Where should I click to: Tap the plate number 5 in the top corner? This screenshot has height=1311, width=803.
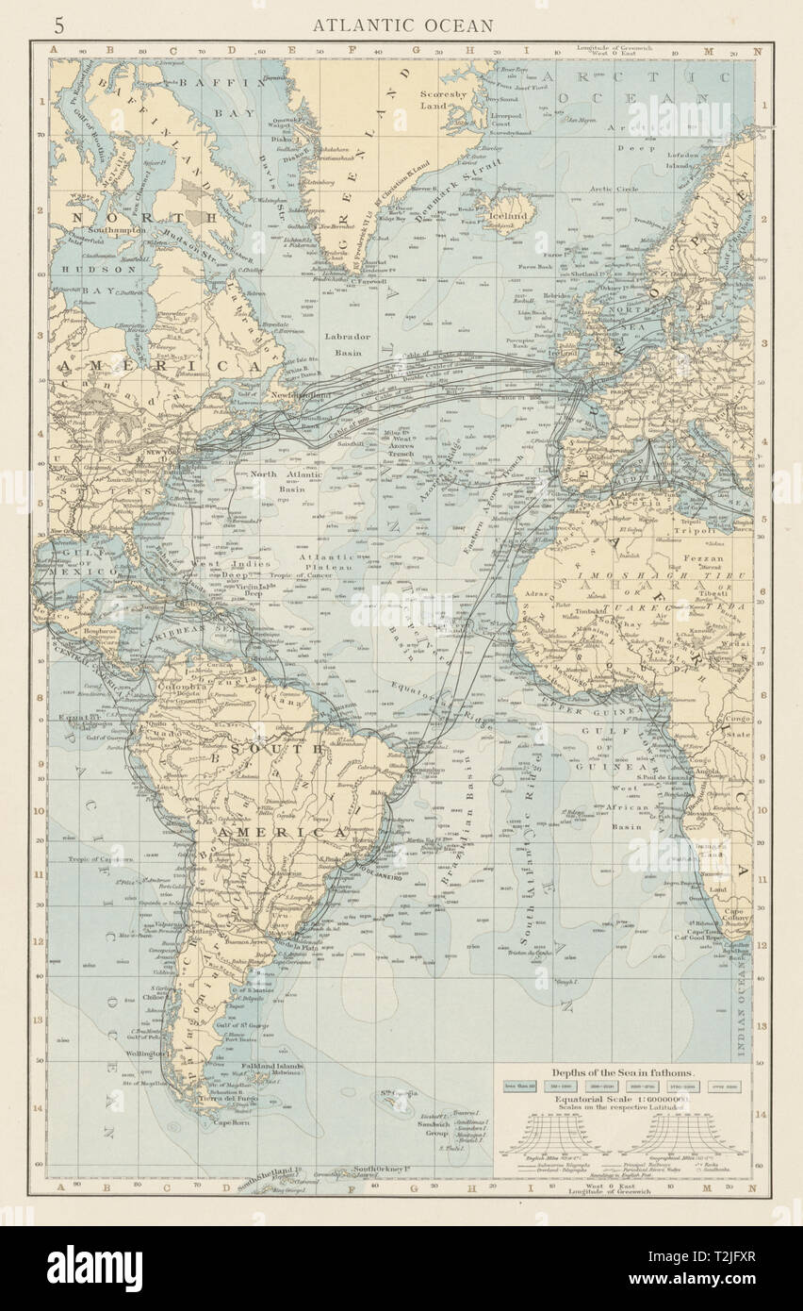point(59,25)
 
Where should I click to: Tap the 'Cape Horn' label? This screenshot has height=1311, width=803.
point(233,1122)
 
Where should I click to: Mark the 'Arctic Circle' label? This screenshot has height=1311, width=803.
point(614,189)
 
